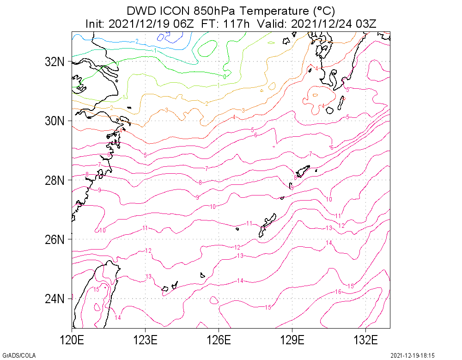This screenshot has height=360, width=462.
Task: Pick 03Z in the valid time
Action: [366, 24]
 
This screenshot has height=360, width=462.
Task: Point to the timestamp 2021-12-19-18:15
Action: [413, 355]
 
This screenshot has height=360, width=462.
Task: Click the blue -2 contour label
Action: [137, 42]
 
